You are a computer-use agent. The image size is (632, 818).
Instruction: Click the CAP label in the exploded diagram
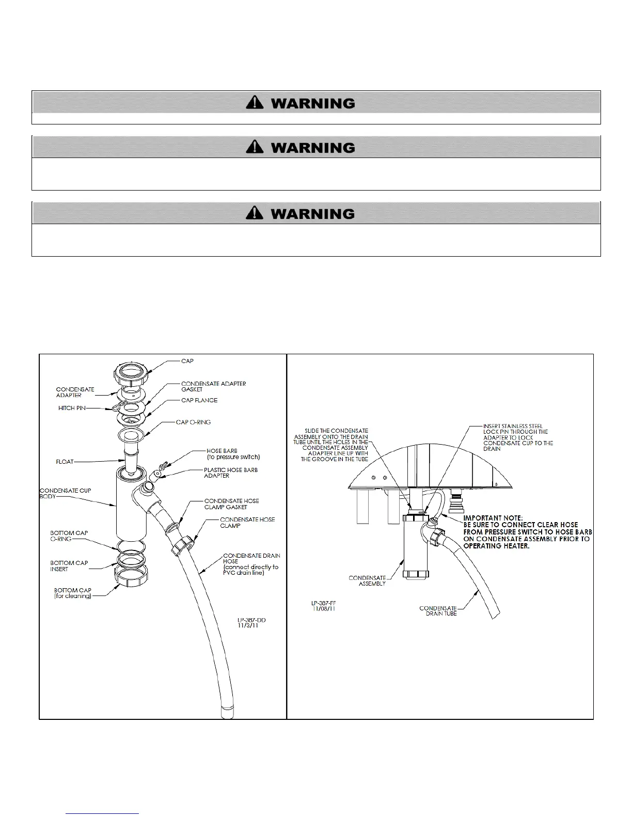(x=187, y=361)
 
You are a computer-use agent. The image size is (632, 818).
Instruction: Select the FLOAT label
(x=65, y=462)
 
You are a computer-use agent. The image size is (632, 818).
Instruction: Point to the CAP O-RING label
(x=193, y=422)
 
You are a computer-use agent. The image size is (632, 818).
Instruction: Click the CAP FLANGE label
(x=199, y=400)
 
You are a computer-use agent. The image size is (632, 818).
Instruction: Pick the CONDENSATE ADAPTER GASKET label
(x=213, y=386)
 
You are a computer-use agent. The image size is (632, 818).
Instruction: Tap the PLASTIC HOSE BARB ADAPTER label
(x=230, y=473)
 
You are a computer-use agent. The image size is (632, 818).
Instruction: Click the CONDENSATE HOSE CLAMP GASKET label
(x=231, y=504)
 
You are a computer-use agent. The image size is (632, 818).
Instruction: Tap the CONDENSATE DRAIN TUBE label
(x=438, y=610)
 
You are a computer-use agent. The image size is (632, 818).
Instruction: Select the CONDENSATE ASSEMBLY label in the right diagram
(x=367, y=580)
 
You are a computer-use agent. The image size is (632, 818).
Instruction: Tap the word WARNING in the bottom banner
(x=312, y=214)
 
